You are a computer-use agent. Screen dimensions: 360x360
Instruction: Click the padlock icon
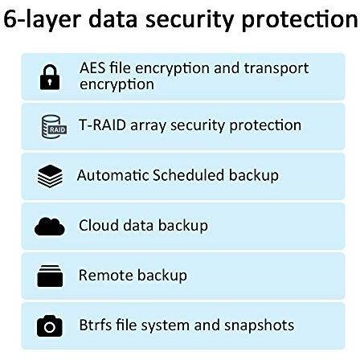point(50,77)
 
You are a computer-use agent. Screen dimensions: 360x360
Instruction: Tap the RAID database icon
point(54,127)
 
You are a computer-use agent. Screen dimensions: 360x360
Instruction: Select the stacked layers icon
point(50,176)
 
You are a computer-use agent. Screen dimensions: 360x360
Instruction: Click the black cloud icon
point(50,227)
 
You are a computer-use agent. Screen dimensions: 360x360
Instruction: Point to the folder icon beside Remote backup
point(50,276)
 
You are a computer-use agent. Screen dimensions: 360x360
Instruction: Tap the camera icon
point(50,325)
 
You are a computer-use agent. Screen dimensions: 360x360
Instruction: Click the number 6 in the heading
point(10,18)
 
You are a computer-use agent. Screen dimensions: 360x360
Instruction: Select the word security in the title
point(190,20)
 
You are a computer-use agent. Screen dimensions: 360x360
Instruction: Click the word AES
point(92,67)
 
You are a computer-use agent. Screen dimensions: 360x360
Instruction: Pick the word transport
point(276,68)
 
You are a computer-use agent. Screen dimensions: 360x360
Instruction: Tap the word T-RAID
point(102,125)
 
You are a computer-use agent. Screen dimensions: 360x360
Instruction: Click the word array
point(148,126)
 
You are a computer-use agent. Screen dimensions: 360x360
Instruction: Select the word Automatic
point(112,175)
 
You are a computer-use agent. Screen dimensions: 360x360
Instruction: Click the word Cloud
point(99,225)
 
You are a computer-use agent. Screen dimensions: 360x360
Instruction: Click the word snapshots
point(259,325)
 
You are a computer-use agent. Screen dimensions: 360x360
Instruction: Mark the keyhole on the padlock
point(50,82)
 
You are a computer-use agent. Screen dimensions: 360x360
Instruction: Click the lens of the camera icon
point(50,327)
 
